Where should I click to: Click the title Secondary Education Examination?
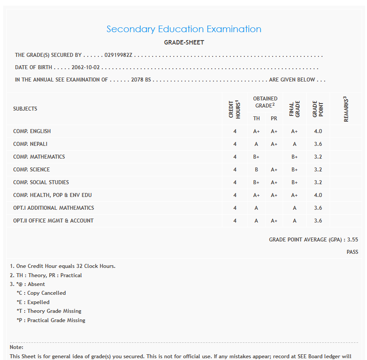tap(183, 30)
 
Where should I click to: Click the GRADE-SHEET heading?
tap(184, 43)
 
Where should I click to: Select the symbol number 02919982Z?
tap(119, 56)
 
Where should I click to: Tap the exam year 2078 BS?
tap(141, 80)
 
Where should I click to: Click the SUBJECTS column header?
tap(25, 109)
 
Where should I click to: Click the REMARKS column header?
tap(346, 109)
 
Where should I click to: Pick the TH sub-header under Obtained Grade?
tap(256, 119)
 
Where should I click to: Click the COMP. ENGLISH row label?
tap(32, 131)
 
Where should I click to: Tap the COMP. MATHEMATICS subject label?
tap(39, 157)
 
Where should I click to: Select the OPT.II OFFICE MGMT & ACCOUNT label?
tap(53, 221)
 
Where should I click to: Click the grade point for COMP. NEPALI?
tap(318, 144)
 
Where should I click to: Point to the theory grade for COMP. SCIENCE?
tap(256, 170)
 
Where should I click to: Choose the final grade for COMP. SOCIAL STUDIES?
tap(294, 182)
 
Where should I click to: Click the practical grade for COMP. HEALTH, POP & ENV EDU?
tap(274, 195)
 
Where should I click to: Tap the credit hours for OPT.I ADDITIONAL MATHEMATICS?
tap(235, 208)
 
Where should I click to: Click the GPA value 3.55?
tap(352, 240)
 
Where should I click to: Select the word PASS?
tap(352, 252)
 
